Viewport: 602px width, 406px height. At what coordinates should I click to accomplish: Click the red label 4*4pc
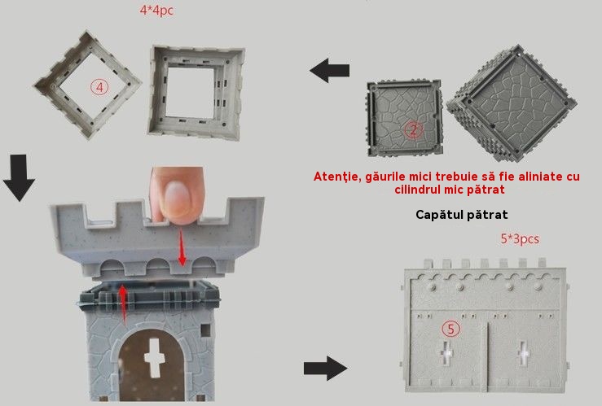click(x=156, y=11)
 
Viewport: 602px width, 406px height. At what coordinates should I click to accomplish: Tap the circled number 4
click(x=99, y=87)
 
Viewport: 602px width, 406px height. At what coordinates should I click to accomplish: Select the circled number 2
click(x=413, y=130)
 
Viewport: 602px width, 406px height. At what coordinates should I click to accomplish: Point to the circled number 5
click(x=450, y=329)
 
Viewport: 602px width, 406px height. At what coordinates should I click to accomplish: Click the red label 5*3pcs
click(x=520, y=239)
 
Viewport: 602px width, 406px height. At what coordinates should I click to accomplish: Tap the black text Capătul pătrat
click(x=462, y=214)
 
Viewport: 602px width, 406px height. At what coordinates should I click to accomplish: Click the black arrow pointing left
click(x=329, y=71)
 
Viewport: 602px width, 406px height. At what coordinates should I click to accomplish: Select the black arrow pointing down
click(x=20, y=178)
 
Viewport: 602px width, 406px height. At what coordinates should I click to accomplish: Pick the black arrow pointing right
click(x=326, y=369)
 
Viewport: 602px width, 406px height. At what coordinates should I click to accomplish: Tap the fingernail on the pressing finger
click(x=178, y=197)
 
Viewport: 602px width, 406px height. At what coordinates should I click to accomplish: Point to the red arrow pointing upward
click(x=123, y=303)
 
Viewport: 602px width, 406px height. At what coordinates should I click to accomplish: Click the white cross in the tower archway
click(x=154, y=358)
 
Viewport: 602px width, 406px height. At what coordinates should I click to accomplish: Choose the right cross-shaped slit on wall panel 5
click(x=523, y=353)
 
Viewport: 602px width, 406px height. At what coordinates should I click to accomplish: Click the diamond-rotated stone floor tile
click(x=512, y=103)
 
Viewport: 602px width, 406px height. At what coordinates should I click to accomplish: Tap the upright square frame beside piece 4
click(x=196, y=91)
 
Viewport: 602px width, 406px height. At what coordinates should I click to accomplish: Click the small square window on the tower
click(x=206, y=330)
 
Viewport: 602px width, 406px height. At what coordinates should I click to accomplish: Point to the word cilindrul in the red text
click(x=418, y=190)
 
